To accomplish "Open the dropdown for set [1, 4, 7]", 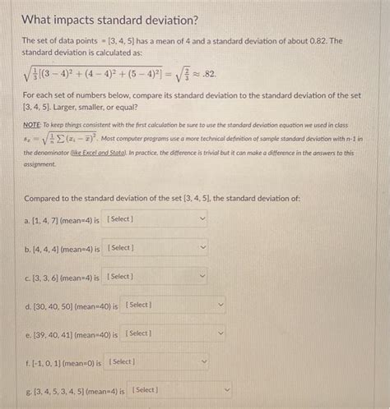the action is (x=156, y=219).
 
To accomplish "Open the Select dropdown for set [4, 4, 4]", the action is (x=157, y=248).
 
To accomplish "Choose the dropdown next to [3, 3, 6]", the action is (x=156, y=278).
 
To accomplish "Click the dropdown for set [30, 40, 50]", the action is (x=174, y=306).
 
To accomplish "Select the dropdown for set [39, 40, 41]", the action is (x=174, y=333).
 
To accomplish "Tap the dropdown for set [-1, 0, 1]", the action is (x=157, y=362).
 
